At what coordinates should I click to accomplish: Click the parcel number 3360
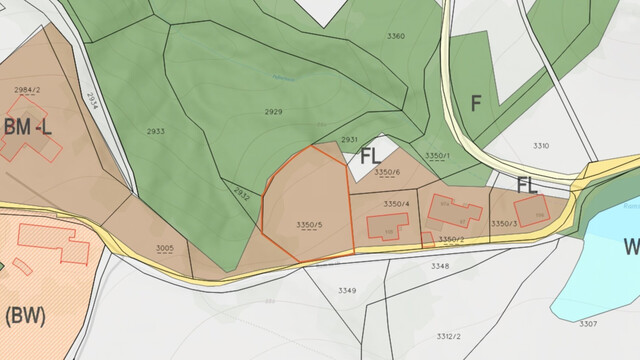coord(395,36)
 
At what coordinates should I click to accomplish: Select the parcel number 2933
coord(156,131)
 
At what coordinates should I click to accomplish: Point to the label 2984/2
coord(27,90)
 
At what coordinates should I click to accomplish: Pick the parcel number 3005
coord(165,247)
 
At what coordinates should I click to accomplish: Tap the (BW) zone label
coord(26,317)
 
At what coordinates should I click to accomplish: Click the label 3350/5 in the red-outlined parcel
coord(310,224)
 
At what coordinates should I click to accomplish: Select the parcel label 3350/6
coord(387,172)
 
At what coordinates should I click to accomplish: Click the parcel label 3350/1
coord(437,156)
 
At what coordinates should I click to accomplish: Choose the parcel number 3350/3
coord(504,223)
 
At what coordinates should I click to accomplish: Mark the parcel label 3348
coord(440,266)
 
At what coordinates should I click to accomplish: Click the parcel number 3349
coord(347,290)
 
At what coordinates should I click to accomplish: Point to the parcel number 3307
coord(588,323)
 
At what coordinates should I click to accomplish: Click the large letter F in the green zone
coord(476,102)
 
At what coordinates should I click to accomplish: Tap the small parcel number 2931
coord(349,140)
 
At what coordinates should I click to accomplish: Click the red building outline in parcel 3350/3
coord(529,213)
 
